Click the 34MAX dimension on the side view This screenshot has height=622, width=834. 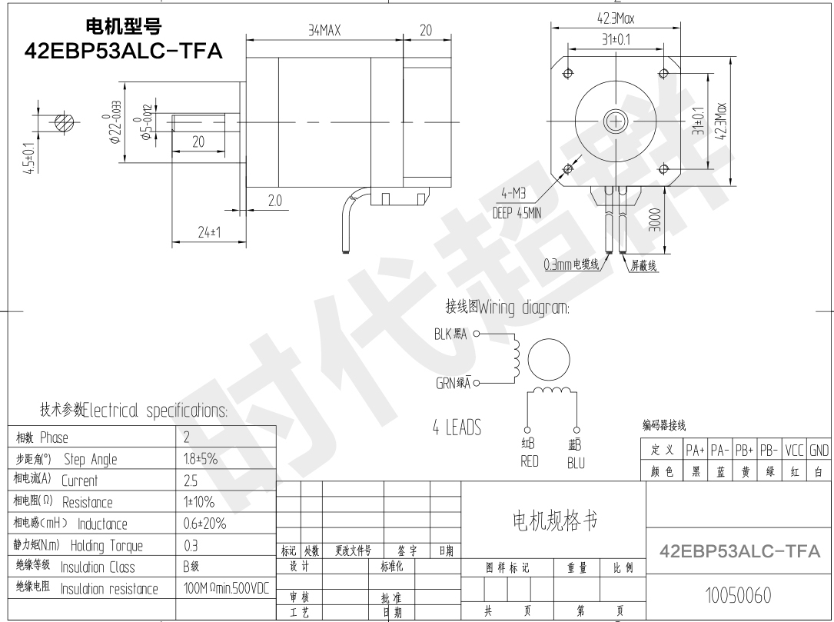point(323,30)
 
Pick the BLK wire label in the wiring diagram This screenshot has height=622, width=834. point(452,334)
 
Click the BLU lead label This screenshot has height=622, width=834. point(576,463)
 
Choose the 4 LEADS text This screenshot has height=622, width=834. point(456,427)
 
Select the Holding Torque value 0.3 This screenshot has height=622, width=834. point(190,546)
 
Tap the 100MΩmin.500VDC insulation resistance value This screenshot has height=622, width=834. point(226,589)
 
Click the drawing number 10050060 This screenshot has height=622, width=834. point(739,595)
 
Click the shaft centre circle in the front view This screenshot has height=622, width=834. point(616,121)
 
